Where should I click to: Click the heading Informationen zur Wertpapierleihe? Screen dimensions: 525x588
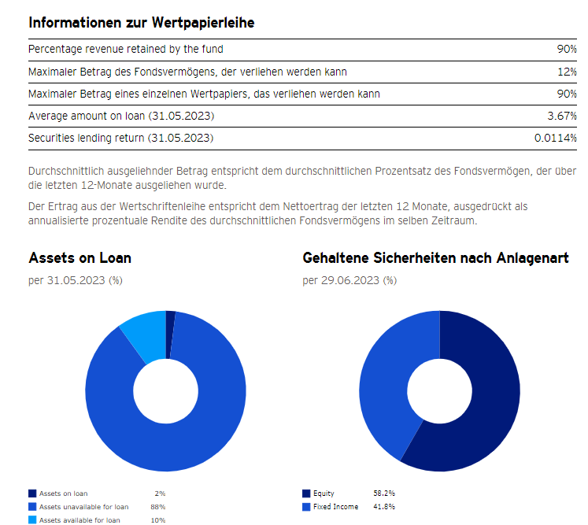click(x=141, y=23)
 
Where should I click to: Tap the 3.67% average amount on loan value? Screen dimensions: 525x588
click(x=562, y=116)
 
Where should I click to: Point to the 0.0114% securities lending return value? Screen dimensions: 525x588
click(x=556, y=138)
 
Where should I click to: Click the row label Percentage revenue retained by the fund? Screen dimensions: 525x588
click(x=125, y=50)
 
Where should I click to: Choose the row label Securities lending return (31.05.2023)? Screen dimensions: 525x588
click(x=120, y=138)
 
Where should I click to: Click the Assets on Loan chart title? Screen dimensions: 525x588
click(x=80, y=258)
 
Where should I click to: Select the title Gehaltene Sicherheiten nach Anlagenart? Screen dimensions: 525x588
click(x=435, y=258)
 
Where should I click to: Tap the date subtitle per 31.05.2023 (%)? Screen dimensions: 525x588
click(x=76, y=280)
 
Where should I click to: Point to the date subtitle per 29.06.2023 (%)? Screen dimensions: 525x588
click(x=349, y=280)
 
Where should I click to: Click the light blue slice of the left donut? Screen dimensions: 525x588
click(x=142, y=334)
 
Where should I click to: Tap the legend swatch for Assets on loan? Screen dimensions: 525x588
click(x=32, y=494)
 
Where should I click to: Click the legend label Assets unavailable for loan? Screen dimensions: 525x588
click(x=83, y=507)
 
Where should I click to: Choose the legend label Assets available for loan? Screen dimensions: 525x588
click(x=80, y=520)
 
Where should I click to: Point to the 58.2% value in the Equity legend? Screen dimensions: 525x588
click(x=384, y=494)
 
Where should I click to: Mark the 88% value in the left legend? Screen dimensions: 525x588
click(x=157, y=507)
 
